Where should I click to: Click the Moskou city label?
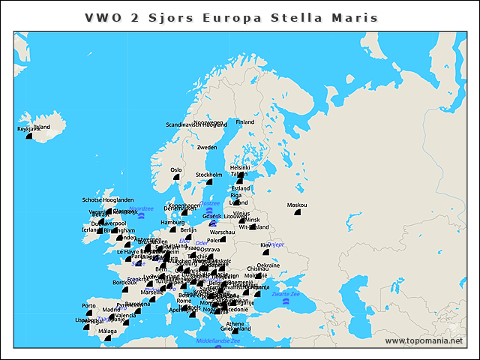(297, 205)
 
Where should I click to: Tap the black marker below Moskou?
(297, 213)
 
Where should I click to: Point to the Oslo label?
(176, 170)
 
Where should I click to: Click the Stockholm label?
(209, 175)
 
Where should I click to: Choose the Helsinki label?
(240, 168)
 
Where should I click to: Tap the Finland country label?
(245, 121)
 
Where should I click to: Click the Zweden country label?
(207, 148)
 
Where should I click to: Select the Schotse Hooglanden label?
(108, 200)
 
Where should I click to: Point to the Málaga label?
(108, 331)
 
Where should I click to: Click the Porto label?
(89, 306)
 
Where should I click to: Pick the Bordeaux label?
(124, 283)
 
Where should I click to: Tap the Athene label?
(235, 323)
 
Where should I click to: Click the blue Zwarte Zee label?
(286, 295)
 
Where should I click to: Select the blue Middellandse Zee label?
(218, 340)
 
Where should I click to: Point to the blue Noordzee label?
(141, 208)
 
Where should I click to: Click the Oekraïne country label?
(268, 265)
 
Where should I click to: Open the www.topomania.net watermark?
(424, 340)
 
